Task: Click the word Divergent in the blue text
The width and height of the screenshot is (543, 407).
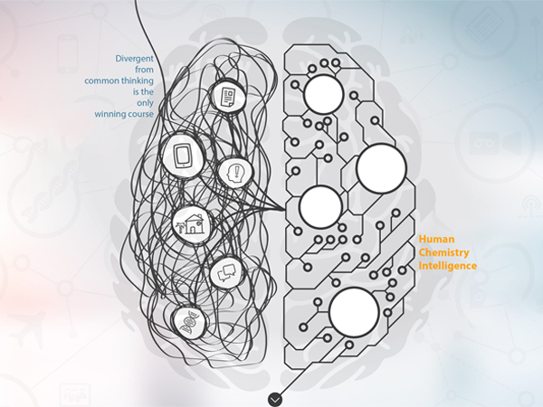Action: pyautogui.click(x=134, y=59)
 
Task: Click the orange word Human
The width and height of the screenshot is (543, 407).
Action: pyautogui.click(x=436, y=239)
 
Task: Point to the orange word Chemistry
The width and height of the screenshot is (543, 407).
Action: pyautogui.click(x=443, y=252)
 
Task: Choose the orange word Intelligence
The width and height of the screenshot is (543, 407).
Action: pyautogui.click(x=447, y=266)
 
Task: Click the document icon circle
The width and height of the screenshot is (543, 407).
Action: pyautogui.click(x=228, y=96)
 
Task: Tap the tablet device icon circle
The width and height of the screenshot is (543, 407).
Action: pyautogui.click(x=183, y=156)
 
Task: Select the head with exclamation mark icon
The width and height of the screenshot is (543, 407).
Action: pyautogui.click(x=235, y=173)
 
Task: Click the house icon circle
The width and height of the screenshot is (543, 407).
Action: pyautogui.click(x=193, y=224)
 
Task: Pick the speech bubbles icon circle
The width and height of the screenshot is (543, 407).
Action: pyautogui.click(x=226, y=273)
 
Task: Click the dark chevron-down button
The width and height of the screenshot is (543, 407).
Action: pyautogui.click(x=275, y=400)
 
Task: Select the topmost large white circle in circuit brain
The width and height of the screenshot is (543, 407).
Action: pyautogui.click(x=324, y=94)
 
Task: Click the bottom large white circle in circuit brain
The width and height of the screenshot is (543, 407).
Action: pyautogui.click(x=354, y=313)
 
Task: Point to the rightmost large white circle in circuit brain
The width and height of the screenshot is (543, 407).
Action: pyautogui.click(x=381, y=168)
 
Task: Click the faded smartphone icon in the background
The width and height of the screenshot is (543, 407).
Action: pyautogui.click(x=68, y=53)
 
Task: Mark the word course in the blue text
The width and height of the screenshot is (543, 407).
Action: pyautogui.click(x=141, y=114)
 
